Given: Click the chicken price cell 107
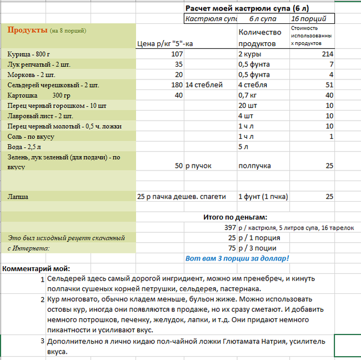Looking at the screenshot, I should point(177,54).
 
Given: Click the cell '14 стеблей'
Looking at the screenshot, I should point(204,85).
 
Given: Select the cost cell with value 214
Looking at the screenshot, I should point(327,54).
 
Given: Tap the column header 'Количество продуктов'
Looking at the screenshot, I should point(257,38).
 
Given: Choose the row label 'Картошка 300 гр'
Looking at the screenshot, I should point(36,95).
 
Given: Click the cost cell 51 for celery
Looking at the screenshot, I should point(329,85).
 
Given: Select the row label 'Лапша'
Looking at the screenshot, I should point(18,197).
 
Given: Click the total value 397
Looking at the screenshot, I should point(229,228).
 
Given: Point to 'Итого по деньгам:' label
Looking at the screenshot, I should point(235,217).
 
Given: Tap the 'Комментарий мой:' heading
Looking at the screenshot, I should point(36,269).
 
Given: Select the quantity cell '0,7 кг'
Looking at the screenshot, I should point(248,95).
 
